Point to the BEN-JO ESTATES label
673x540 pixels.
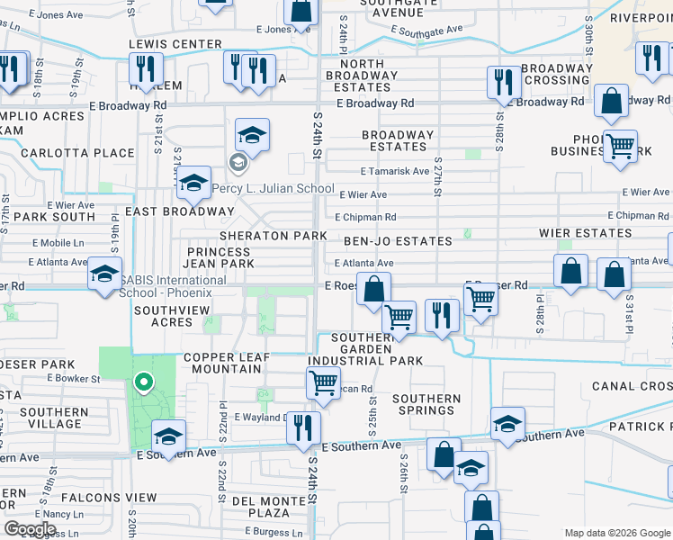click(x=398, y=241)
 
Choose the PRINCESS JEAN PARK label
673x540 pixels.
click(x=220, y=257)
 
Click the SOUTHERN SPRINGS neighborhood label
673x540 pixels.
click(x=426, y=404)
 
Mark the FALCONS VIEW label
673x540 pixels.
click(x=110, y=498)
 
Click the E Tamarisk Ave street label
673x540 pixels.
click(x=395, y=171)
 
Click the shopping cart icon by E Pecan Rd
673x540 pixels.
click(x=323, y=383)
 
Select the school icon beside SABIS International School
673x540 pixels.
click(x=105, y=274)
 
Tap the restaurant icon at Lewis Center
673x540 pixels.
click(x=145, y=67)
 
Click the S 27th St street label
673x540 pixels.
click(x=438, y=181)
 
